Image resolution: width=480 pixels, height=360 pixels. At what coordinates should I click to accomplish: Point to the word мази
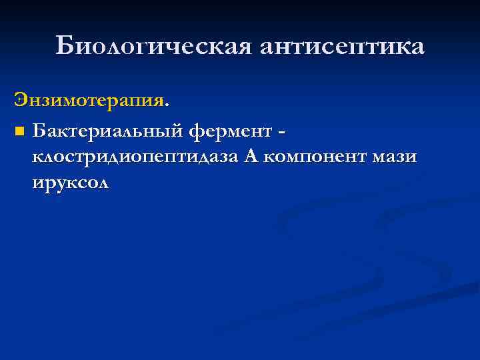(395, 157)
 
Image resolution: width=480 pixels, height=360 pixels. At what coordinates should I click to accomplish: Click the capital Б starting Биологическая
(64, 46)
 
